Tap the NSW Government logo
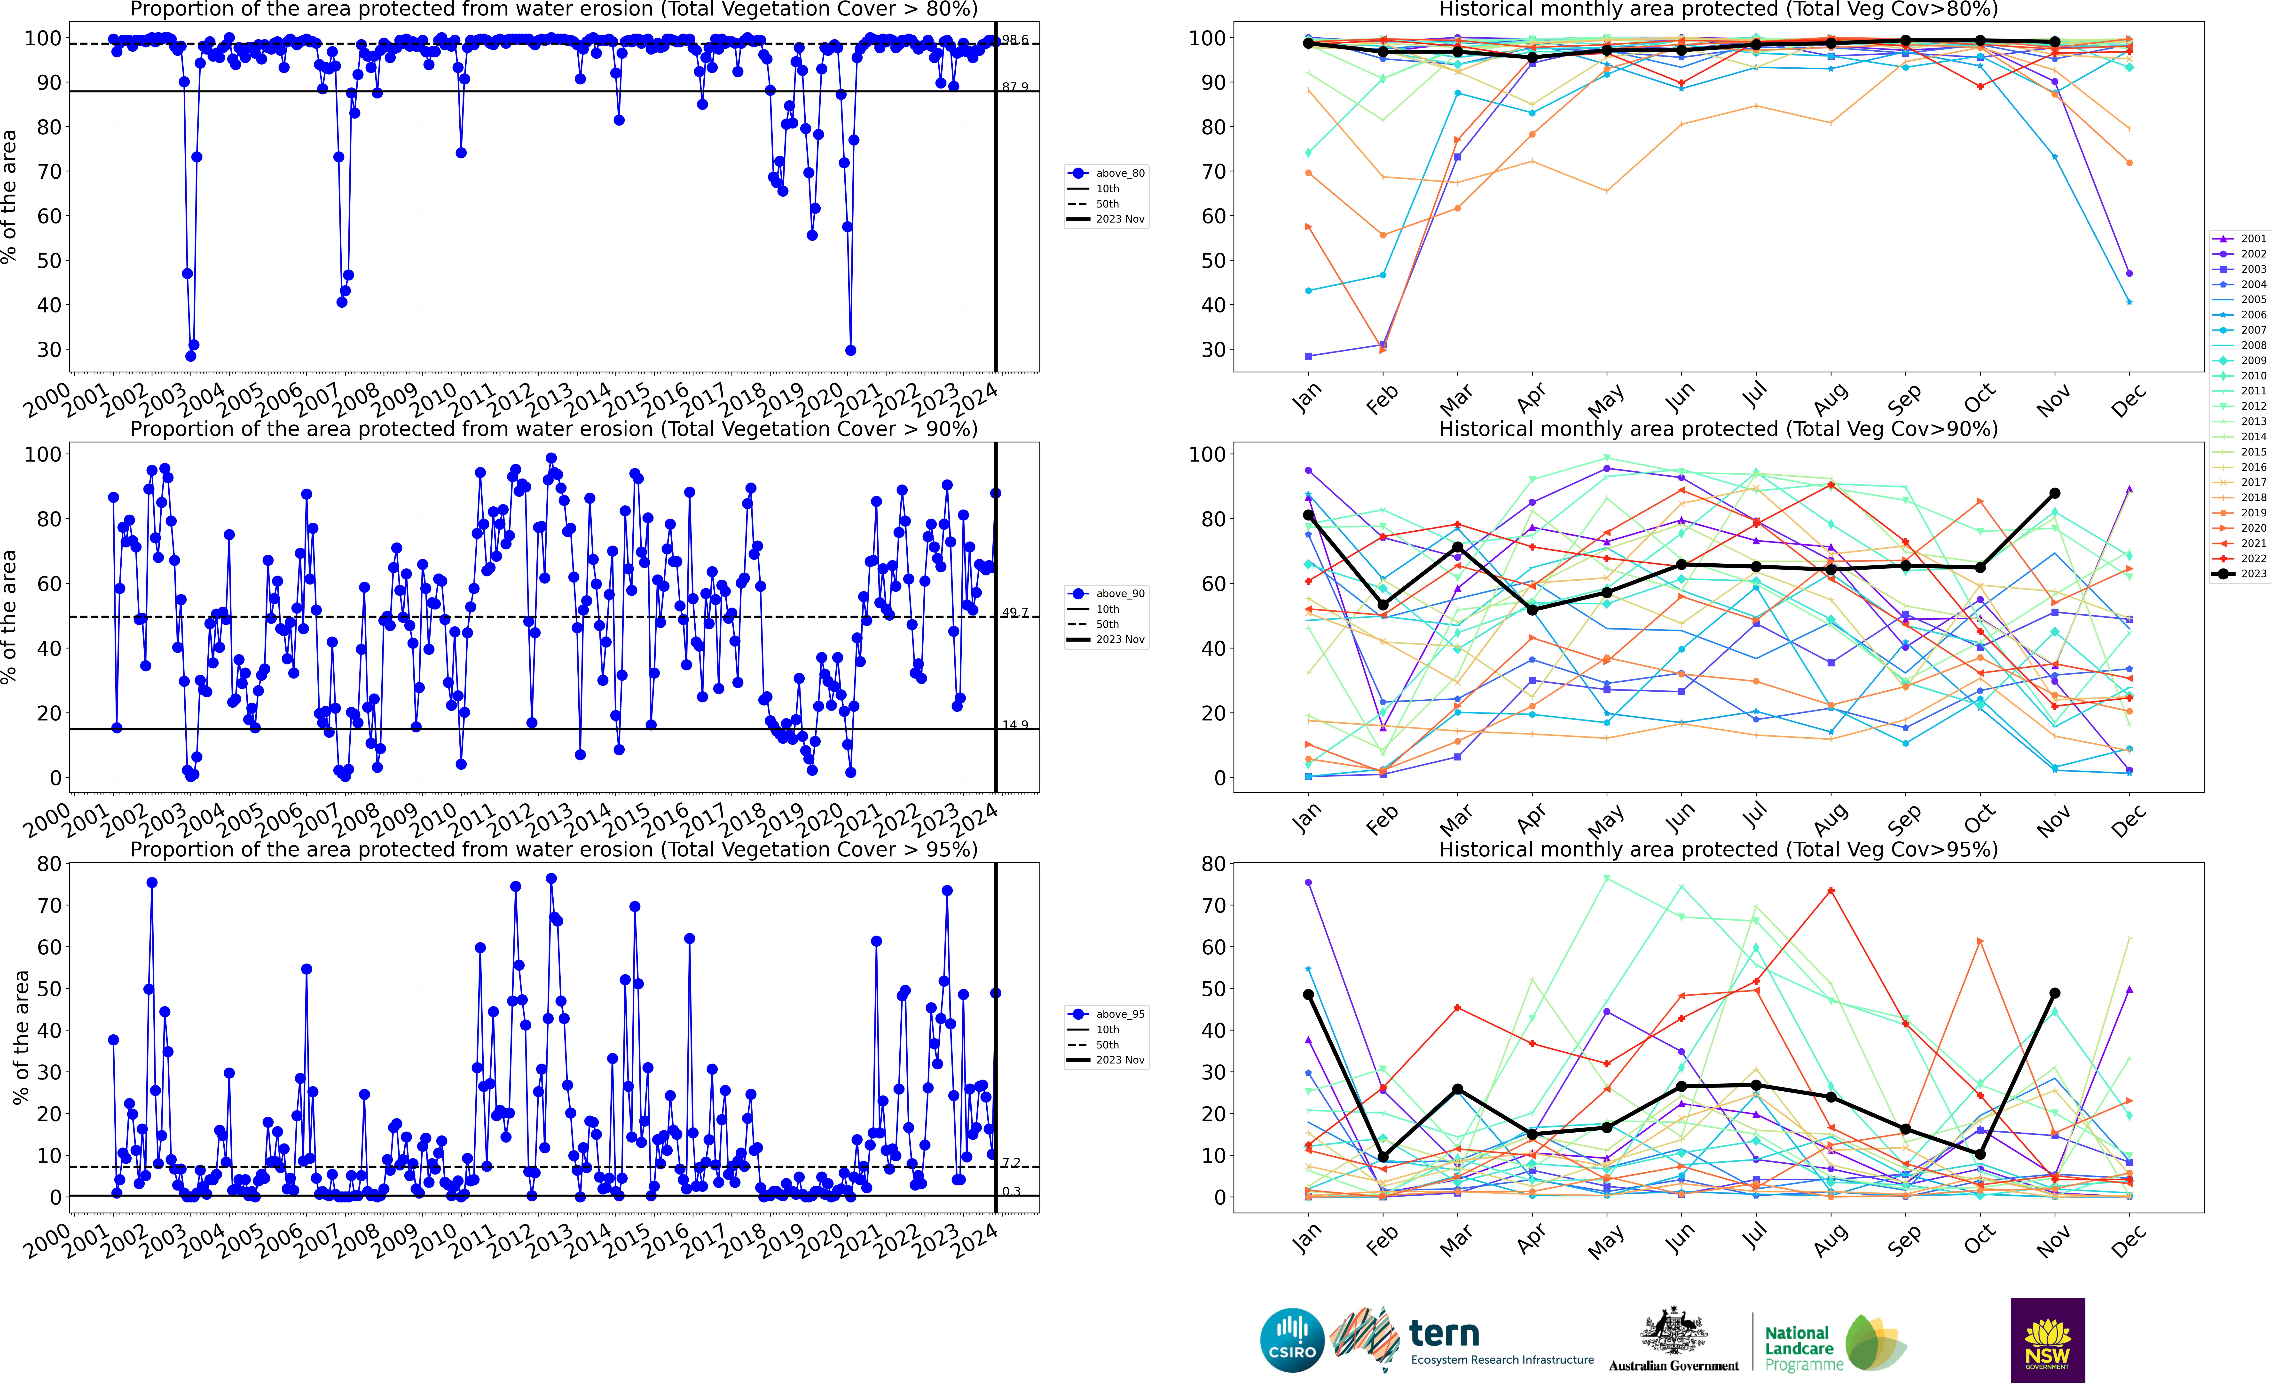coord(2047,1340)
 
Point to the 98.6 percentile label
coord(1015,40)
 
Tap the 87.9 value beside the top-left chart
coord(1015,87)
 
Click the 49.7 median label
coord(1015,612)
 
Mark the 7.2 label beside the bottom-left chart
coord(1011,1163)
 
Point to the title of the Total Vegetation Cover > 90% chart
coord(554,429)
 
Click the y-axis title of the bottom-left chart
coord(20,1037)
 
